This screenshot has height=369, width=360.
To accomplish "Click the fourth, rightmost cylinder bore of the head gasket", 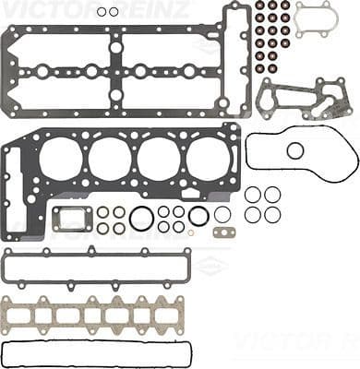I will [x=208, y=160].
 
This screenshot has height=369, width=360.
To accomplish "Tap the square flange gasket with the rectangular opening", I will [x=70, y=219].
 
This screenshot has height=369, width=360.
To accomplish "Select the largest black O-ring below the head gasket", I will [x=141, y=219].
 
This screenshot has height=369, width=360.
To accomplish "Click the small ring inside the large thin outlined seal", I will [x=295, y=150].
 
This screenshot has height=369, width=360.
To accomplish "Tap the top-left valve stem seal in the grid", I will [x=259, y=5].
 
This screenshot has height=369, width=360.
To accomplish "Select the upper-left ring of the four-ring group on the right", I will [x=253, y=195].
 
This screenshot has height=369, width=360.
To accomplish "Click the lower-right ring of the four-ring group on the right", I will [x=272, y=214].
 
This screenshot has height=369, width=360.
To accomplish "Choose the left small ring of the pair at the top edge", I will [x=101, y=12].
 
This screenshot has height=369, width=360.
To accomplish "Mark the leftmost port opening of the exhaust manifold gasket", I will [x=18, y=316].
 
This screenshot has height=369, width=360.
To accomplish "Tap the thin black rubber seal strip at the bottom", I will [x=96, y=352].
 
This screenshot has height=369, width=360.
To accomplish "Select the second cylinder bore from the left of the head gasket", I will [x=110, y=160].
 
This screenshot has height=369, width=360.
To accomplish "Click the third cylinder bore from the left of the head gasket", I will [x=159, y=160].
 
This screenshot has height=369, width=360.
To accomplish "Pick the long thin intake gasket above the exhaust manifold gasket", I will [x=96, y=266].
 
